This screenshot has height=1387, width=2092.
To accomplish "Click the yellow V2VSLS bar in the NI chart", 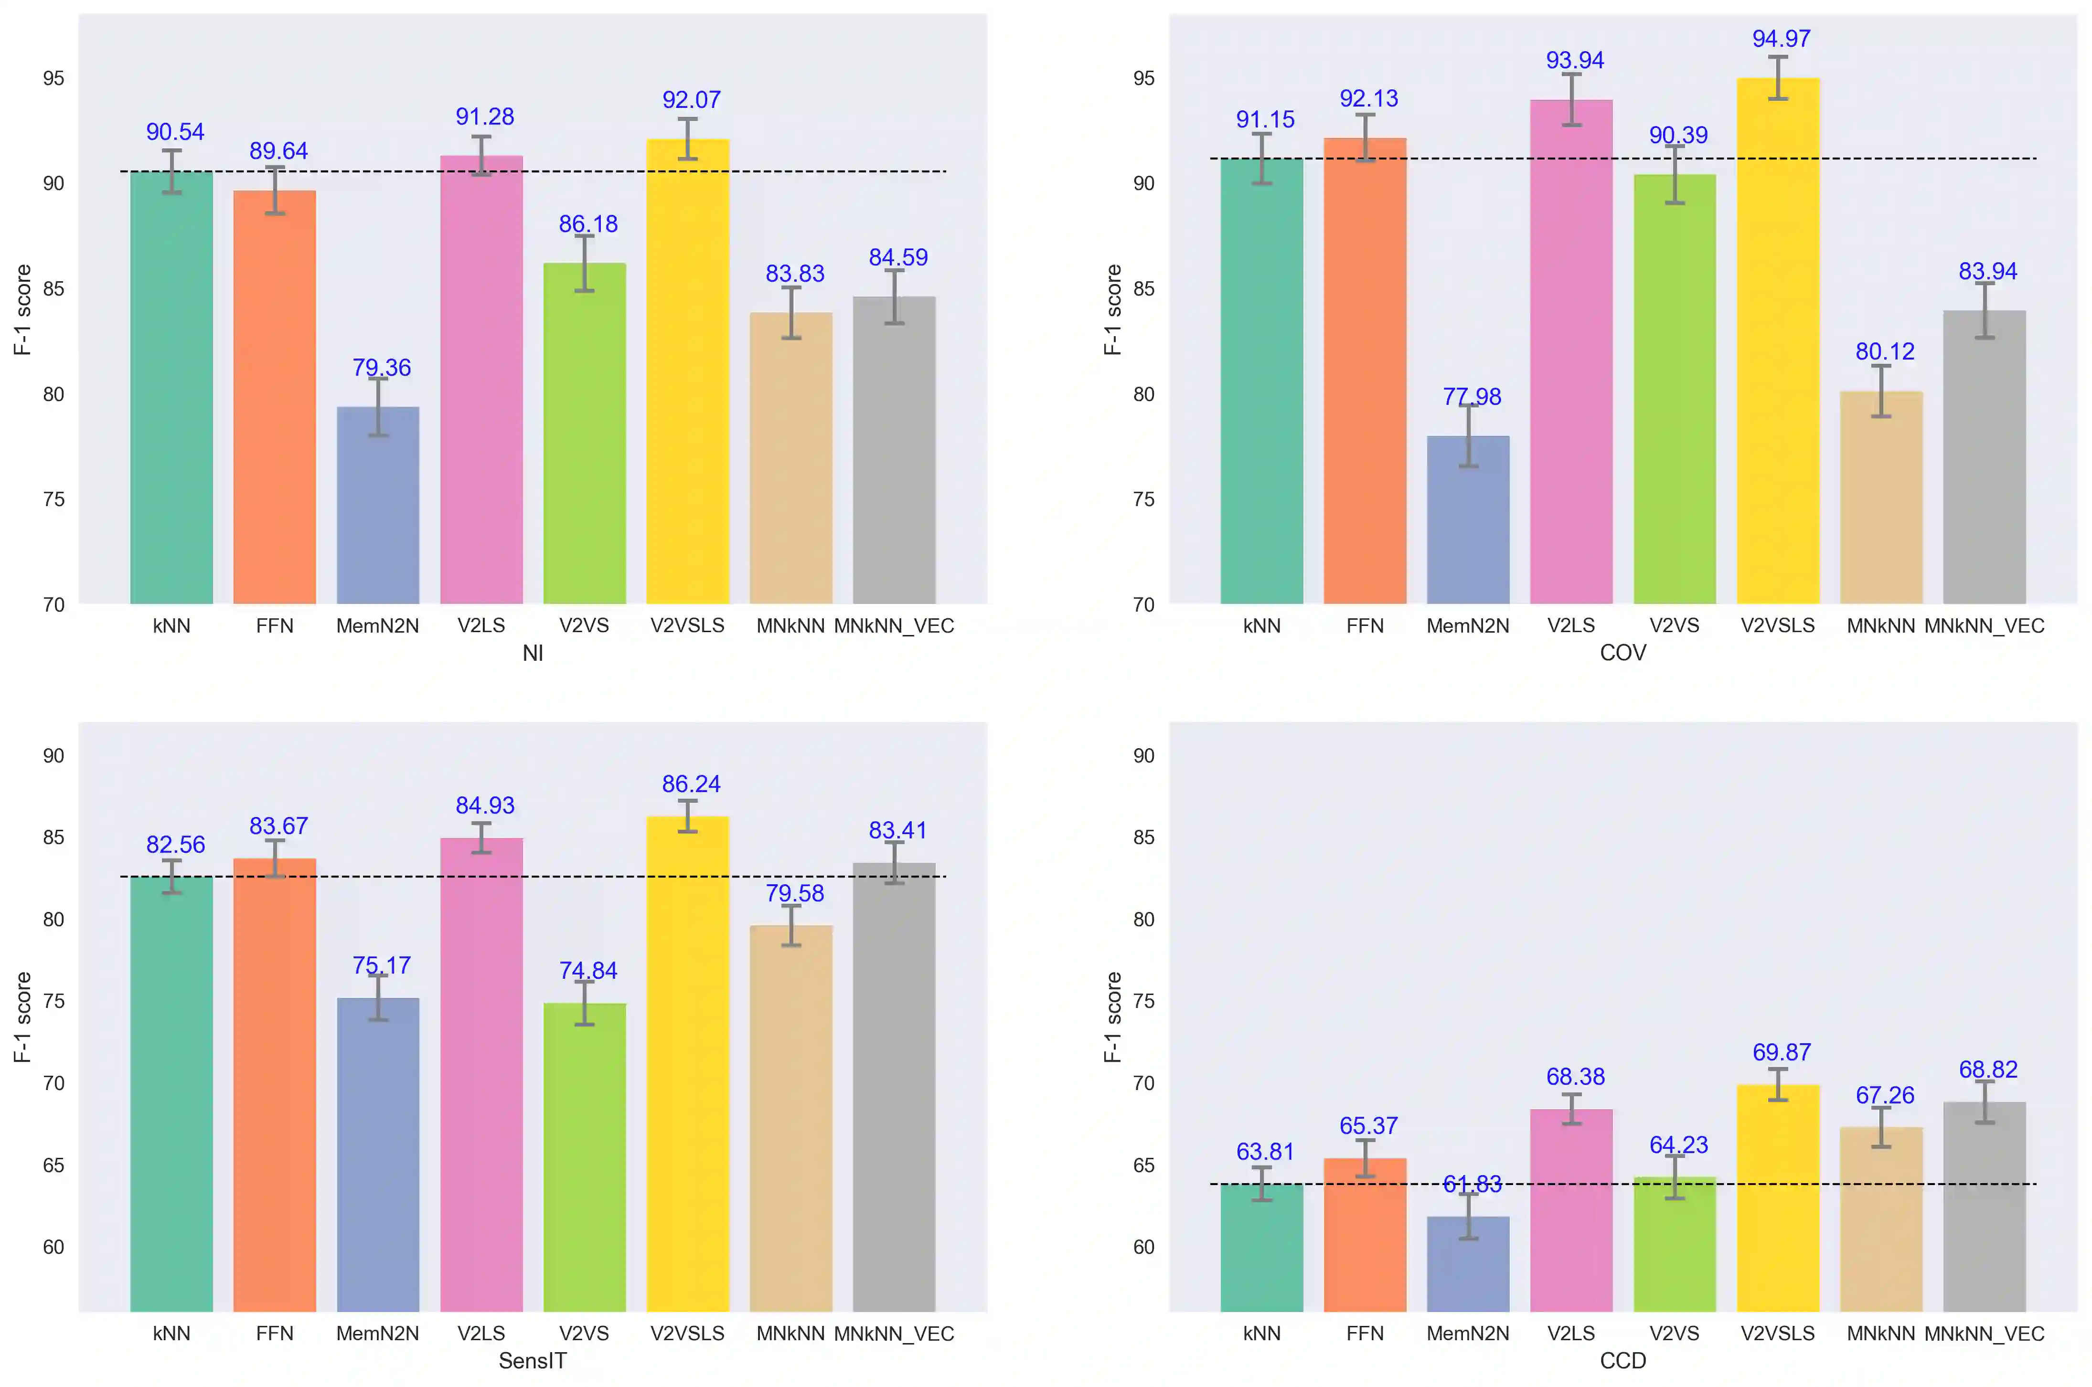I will (x=688, y=371).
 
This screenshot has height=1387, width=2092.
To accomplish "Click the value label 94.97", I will (x=1782, y=39).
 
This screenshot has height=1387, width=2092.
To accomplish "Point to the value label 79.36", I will (x=382, y=367).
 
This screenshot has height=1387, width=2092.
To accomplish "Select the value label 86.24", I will (x=691, y=783).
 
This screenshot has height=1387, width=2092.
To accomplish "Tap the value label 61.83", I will (x=1472, y=1184).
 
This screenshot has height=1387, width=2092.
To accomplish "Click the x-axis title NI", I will (x=533, y=653).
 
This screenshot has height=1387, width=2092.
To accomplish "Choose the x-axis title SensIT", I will (x=533, y=1360).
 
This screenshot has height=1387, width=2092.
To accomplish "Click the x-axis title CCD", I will (x=1623, y=1360).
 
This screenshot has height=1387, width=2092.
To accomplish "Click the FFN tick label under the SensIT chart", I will (x=274, y=1333).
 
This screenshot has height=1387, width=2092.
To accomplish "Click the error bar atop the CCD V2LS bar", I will (x=1572, y=1109).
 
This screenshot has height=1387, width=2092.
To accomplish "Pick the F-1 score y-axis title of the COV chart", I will (x=1112, y=309).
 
